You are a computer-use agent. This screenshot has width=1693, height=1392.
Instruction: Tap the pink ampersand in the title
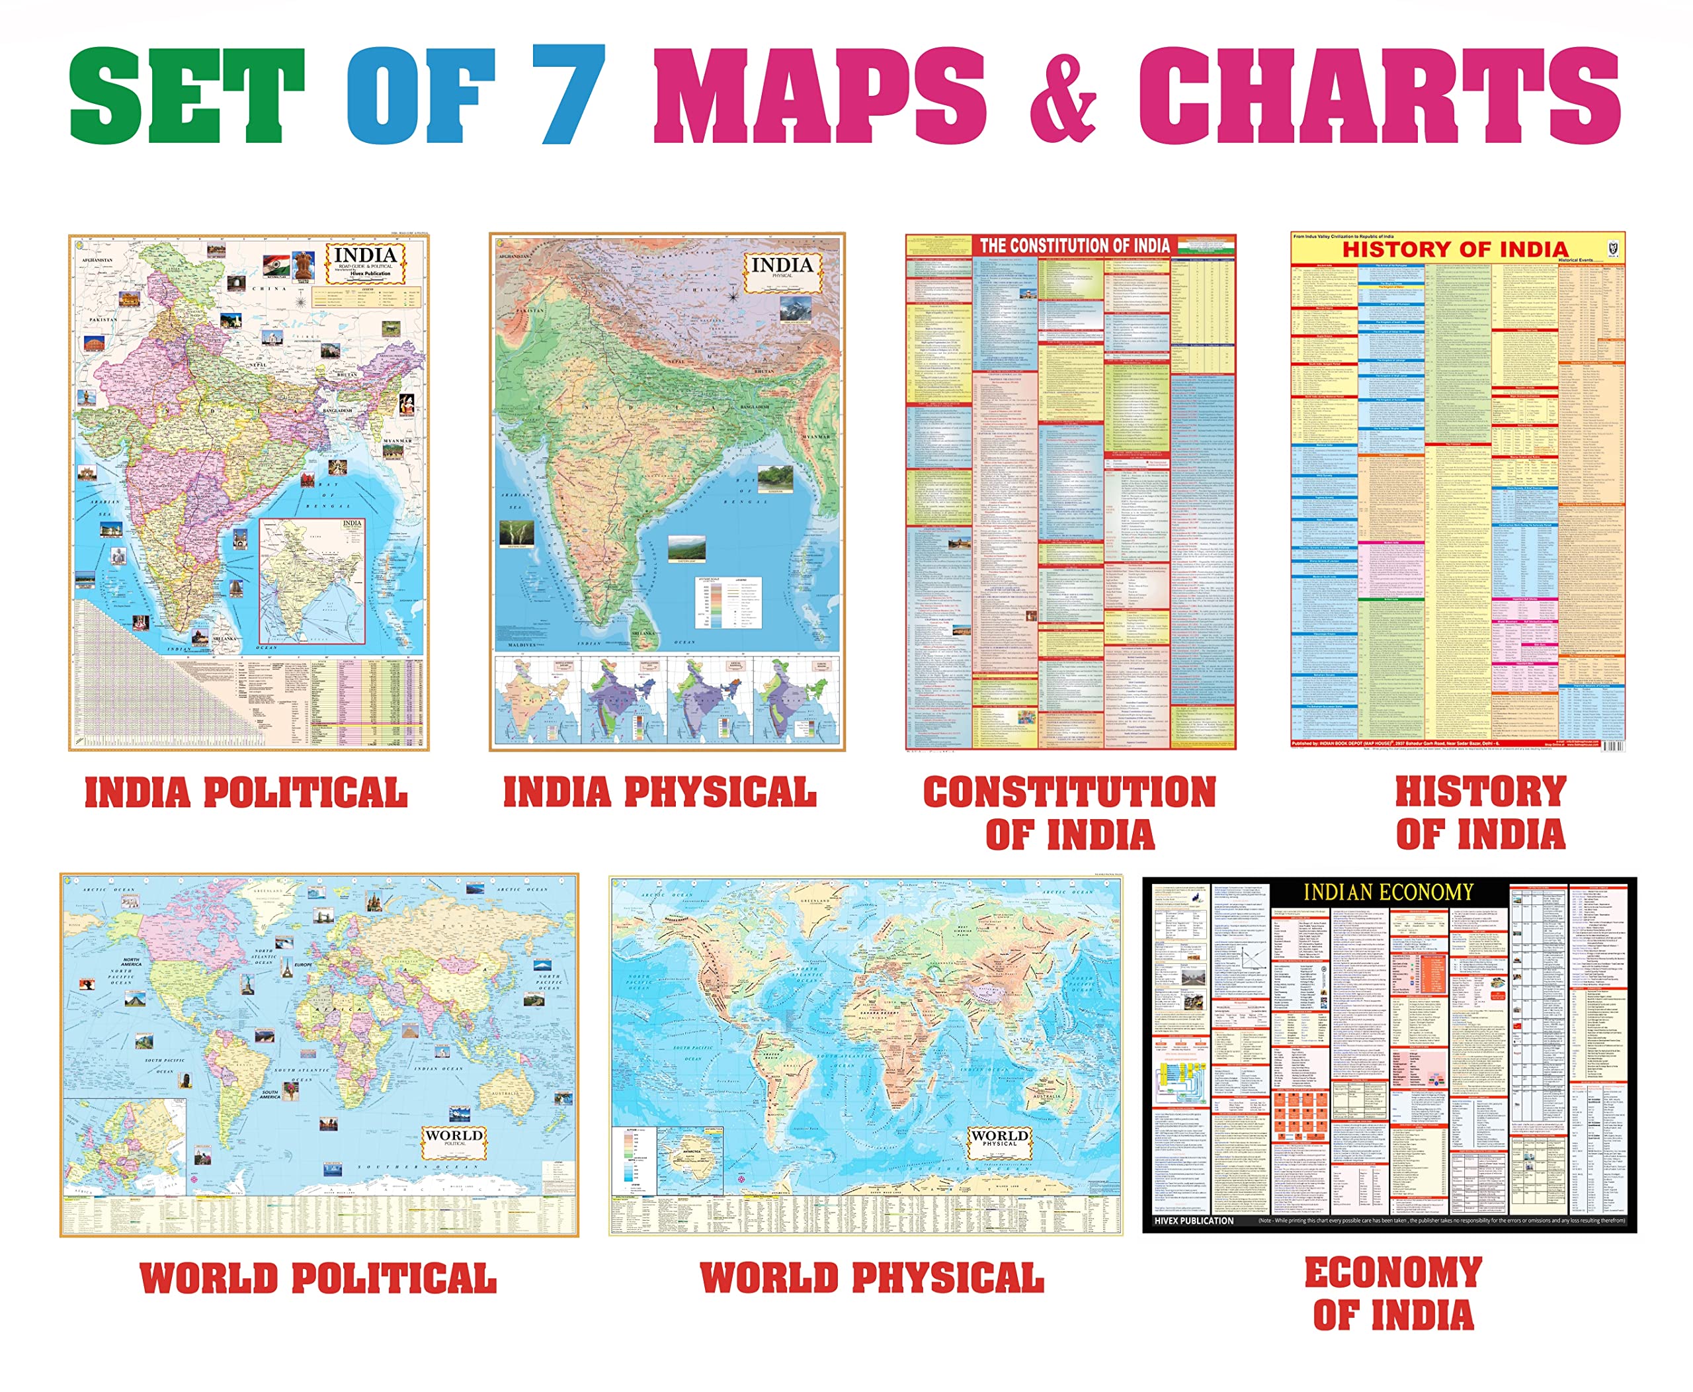point(1062,95)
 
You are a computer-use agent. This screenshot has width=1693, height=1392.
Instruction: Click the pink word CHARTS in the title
point(1378,95)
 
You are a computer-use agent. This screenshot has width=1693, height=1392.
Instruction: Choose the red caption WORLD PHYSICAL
point(872,1278)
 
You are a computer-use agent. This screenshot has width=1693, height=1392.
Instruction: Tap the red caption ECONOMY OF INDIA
point(1393,1294)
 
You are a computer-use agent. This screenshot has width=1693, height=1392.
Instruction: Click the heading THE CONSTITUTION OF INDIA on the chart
point(1074,246)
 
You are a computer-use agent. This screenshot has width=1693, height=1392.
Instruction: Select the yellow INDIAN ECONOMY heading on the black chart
point(1387,892)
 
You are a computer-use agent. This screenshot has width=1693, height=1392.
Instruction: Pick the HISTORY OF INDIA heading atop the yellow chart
point(1455,249)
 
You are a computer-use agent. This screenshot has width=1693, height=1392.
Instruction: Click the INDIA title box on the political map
point(365,262)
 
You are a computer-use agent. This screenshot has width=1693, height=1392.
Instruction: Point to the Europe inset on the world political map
point(124,1147)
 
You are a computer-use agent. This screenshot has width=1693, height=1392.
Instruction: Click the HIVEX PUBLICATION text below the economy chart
point(1194,1221)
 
